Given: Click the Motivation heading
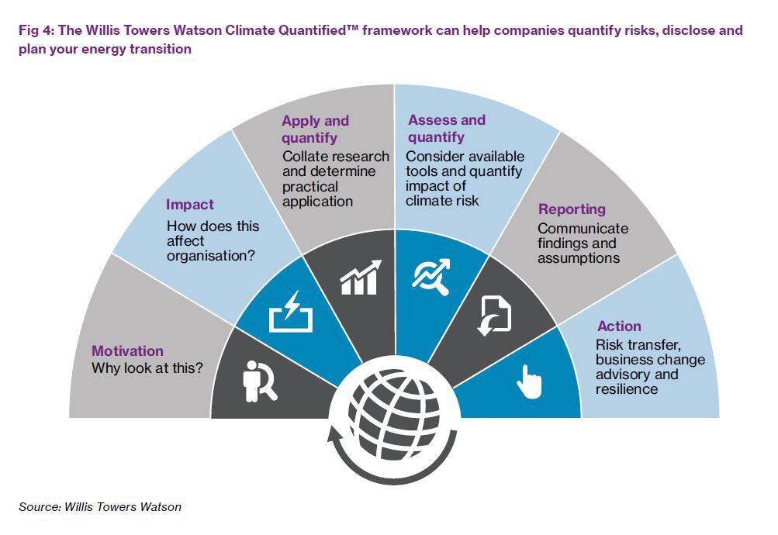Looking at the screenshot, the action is [x=127, y=350].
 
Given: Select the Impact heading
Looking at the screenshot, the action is [x=189, y=204].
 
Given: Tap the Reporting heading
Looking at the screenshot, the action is [x=572, y=209].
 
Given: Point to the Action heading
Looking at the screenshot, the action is [x=619, y=326].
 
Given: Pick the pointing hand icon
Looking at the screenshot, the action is [x=529, y=381].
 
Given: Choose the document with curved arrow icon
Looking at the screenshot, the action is [x=494, y=316].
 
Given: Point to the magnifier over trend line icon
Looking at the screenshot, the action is [x=431, y=277].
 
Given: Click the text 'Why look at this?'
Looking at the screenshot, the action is [x=147, y=368].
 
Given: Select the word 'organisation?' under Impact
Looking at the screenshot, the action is [x=211, y=256].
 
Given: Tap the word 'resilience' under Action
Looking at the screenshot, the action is [x=627, y=389].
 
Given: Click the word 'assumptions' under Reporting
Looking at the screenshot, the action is [x=579, y=258].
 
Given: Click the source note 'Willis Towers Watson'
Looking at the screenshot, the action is [x=123, y=507].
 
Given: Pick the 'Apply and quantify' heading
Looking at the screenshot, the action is [x=316, y=129].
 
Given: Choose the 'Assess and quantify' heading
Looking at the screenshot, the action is [x=447, y=129].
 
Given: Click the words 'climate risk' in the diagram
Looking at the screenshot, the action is [x=442, y=201].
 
